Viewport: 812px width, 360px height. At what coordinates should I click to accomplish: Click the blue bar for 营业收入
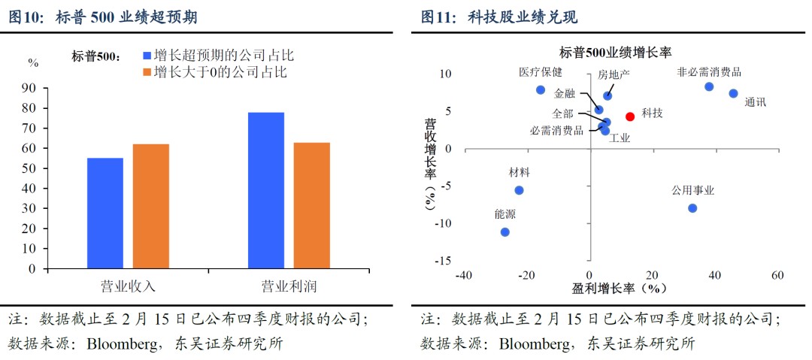point(105,213)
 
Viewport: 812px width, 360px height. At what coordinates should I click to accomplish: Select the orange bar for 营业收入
point(151,206)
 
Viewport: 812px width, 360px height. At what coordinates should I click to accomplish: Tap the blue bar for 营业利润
point(265,190)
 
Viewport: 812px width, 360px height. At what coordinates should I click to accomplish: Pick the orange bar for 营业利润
point(311,205)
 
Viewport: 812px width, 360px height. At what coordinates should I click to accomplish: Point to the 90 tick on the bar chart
point(31,88)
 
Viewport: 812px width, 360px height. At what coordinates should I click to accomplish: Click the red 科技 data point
point(630,116)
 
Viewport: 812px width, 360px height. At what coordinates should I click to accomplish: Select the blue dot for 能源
point(504,232)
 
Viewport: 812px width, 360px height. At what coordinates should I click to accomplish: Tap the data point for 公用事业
point(692,208)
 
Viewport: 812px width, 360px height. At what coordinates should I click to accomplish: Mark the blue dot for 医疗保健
point(540,90)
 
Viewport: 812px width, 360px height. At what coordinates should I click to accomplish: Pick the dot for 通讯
point(733,94)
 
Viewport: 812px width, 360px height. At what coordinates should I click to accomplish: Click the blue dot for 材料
point(519,190)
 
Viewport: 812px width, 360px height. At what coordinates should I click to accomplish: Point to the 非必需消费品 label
point(709,72)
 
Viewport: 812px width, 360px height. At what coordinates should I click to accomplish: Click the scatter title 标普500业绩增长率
point(615,53)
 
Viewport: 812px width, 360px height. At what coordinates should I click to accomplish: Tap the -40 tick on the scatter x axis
point(462,274)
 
